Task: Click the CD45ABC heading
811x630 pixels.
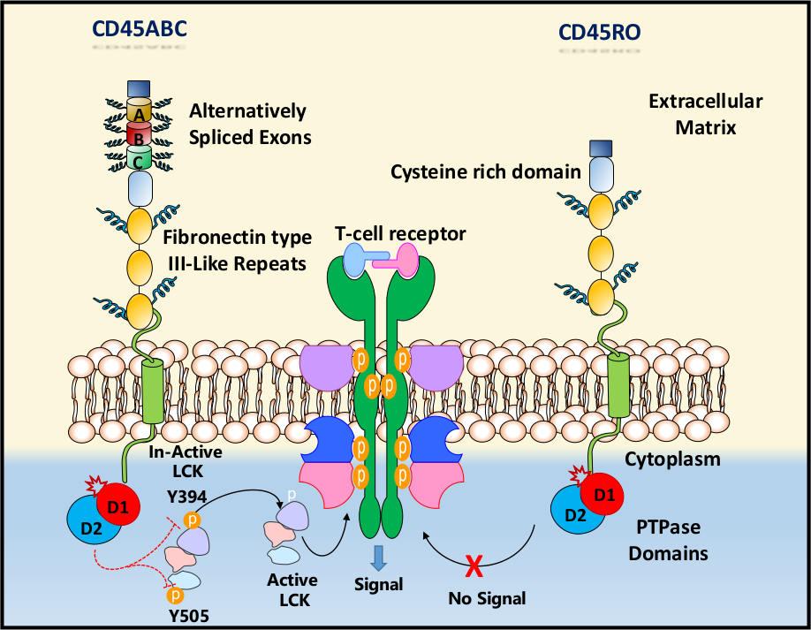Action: [x=140, y=30]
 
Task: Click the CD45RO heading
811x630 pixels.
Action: [x=600, y=34]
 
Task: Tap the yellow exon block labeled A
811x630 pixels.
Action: [x=140, y=112]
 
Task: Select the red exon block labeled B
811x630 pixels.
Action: [x=140, y=137]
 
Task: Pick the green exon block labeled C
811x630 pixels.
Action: [x=140, y=159]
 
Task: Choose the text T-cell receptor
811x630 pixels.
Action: [x=400, y=233]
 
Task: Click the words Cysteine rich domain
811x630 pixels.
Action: [x=486, y=171]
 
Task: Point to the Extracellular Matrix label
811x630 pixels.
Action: [x=705, y=114]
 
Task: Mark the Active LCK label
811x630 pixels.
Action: [x=292, y=589]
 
